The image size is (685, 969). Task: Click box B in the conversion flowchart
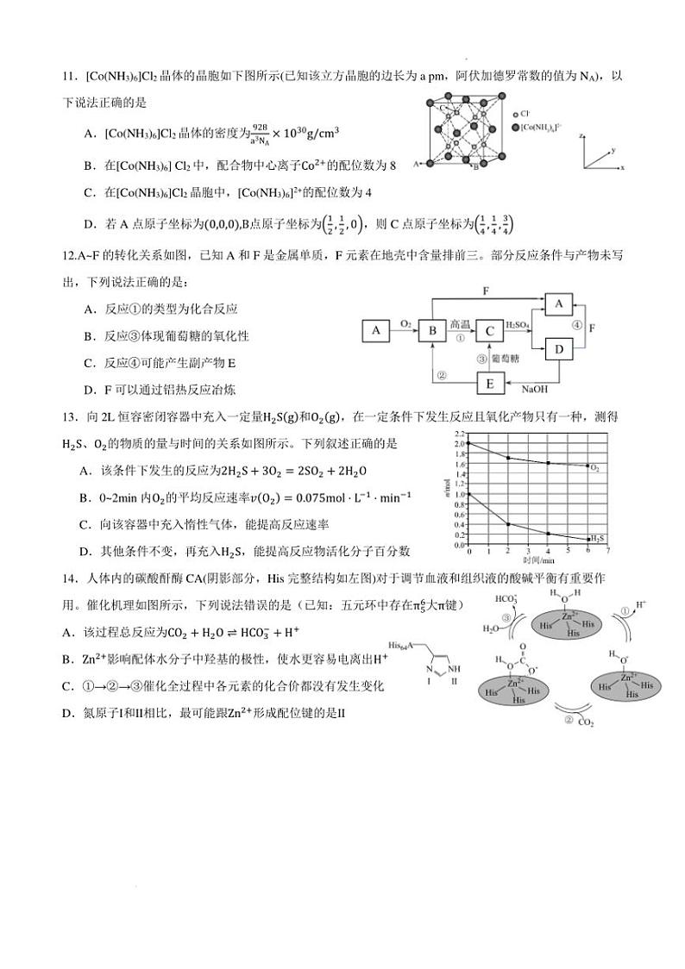click(431, 330)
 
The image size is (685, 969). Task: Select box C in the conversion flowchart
click(489, 330)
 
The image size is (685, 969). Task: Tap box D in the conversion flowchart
click(558, 348)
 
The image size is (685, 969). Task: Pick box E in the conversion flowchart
click(489, 383)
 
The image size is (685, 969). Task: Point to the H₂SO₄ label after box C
click(518, 323)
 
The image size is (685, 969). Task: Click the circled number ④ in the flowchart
click(576, 324)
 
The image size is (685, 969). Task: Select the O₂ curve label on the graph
click(595, 467)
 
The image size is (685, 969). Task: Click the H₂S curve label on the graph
click(595, 537)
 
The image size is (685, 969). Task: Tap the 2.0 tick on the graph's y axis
click(459, 443)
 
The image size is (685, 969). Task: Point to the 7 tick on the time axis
click(608, 550)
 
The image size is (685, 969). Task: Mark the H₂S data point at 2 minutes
click(509, 524)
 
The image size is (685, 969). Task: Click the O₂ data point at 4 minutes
click(549, 463)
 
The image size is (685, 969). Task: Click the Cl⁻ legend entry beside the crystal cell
click(522, 113)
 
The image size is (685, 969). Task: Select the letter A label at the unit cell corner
click(417, 162)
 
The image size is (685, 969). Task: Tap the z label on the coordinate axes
click(582, 136)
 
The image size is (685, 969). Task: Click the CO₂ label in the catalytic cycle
click(585, 722)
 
